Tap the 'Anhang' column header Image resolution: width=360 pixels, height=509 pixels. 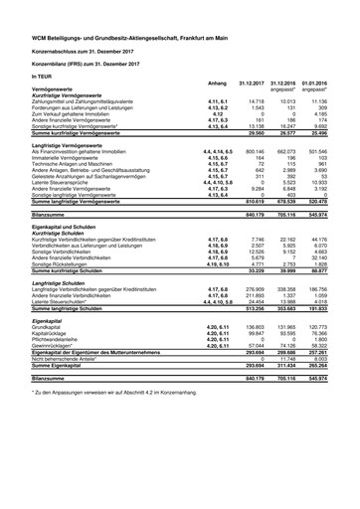[217, 83]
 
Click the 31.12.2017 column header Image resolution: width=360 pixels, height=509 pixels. [261, 83]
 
